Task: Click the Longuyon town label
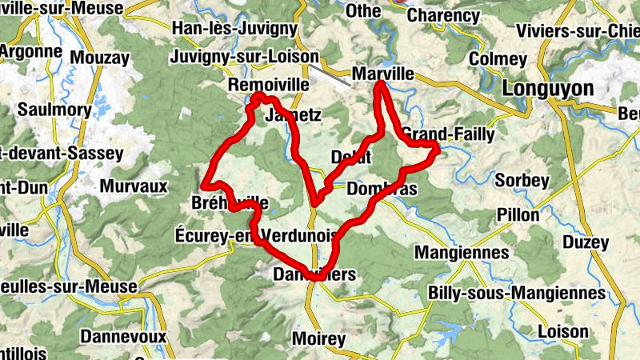pyautogui.click(x=548, y=87)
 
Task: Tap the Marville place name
pyautogui.click(x=382, y=74)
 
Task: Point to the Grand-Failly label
pyautogui.click(x=448, y=134)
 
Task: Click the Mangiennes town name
pyautogui.click(x=462, y=253)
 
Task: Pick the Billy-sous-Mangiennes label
pyautogui.click(x=517, y=294)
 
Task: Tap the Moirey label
pyautogui.click(x=319, y=339)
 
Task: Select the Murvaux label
pyautogui.click(x=134, y=186)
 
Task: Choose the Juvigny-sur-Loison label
pyautogui.click(x=244, y=58)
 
